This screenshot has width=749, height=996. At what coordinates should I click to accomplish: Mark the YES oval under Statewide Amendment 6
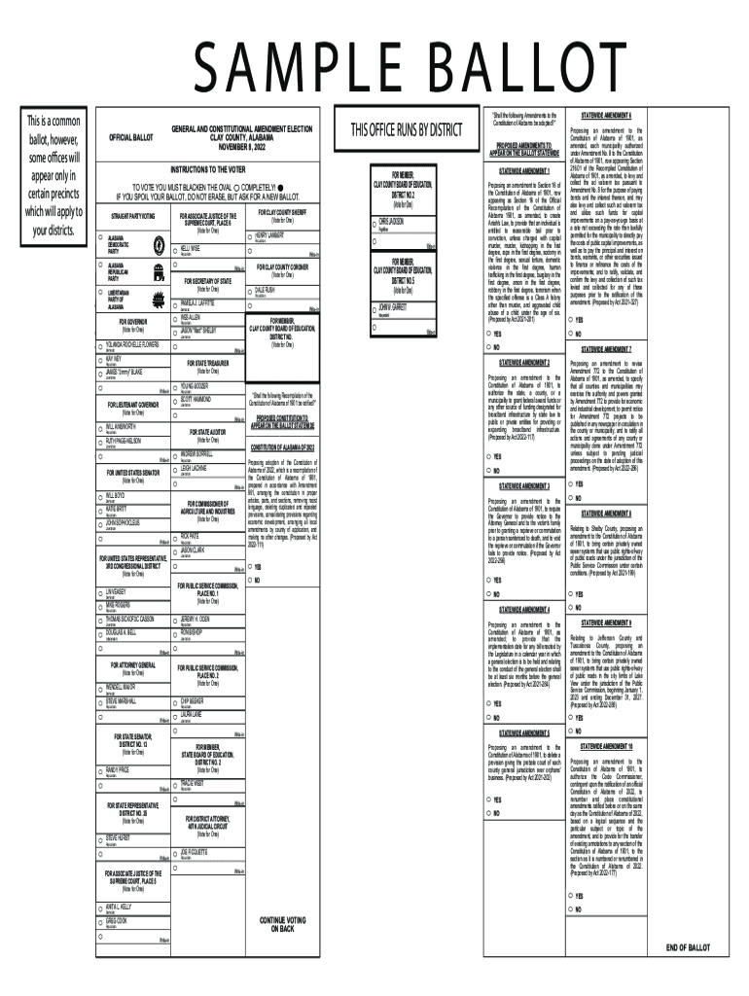574,318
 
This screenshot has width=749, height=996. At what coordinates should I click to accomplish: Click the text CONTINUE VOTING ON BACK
282,923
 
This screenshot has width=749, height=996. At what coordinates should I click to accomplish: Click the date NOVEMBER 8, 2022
240,145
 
